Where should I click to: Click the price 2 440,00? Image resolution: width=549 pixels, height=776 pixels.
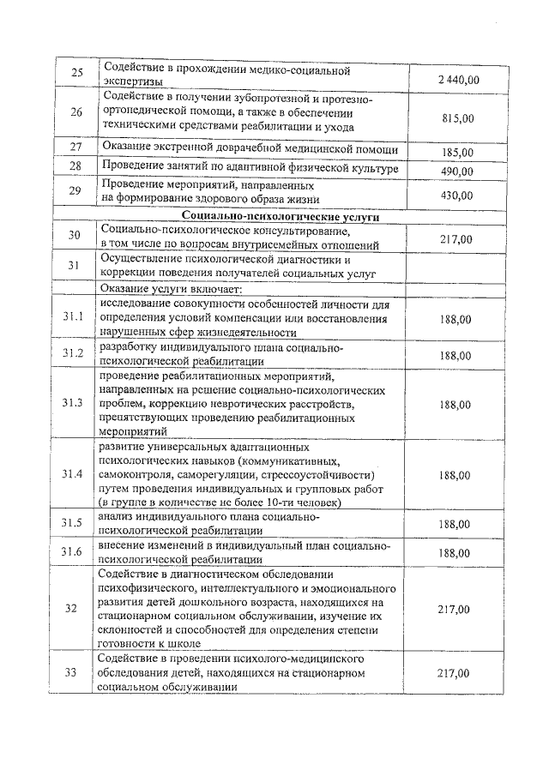click(457, 80)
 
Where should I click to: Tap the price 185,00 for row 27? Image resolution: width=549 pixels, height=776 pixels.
click(457, 152)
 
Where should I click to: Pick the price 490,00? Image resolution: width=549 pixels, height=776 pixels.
click(457, 171)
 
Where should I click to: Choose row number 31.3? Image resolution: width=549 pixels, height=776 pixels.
click(74, 402)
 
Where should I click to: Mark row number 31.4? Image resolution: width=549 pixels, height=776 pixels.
click(74, 474)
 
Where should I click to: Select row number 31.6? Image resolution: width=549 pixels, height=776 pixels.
click(74, 552)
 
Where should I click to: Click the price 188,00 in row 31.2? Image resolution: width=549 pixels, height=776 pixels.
click(455, 355)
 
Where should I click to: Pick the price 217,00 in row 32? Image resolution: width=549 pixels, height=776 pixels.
click(454, 609)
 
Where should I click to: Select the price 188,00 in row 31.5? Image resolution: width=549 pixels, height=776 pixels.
click(454, 524)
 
